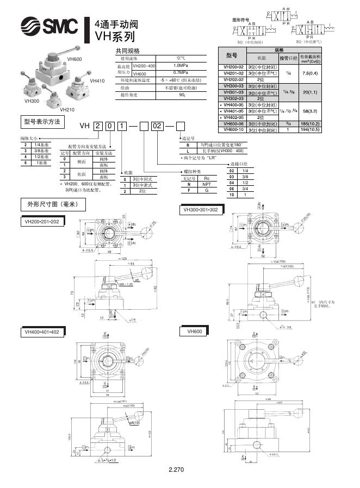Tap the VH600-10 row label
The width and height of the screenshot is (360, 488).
pyautogui.click(x=233, y=129)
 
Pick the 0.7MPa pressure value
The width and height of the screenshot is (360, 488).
pyautogui.click(x=181, y=72)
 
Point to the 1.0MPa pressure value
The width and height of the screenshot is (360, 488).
pyautogui.click(x=181, y=65)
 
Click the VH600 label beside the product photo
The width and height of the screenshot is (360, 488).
pyautogui.click(x=75, y=59)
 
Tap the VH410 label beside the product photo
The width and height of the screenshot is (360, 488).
pyautogui.click(x=97, y=80)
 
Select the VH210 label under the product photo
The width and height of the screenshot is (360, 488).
pyautogui.click(x=67, y=109)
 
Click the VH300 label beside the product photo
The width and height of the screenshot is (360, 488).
pyautogui.click(x=32, y=101)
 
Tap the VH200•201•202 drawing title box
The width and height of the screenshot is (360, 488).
pyautogui.click(x=44, y=222)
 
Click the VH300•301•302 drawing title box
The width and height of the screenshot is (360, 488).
pyautogui.click(x=202, y=209)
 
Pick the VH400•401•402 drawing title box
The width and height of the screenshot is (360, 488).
pyautogui.click(x=44, y=331)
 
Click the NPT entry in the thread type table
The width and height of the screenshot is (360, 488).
pyautogui.click(x=206, y=184)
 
